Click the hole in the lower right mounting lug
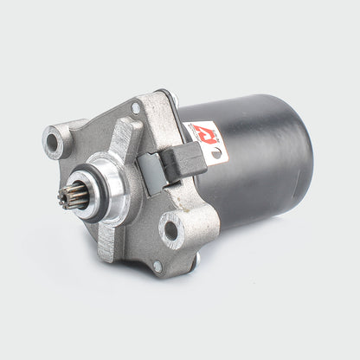[x=170, y=230]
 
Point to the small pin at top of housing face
[x=137, y=108]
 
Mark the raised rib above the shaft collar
[x=122, y=138]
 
